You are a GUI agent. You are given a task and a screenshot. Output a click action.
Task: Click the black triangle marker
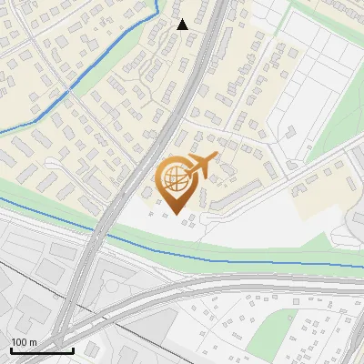[182, 25]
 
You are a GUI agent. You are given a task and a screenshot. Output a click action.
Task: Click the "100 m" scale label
[24, 342]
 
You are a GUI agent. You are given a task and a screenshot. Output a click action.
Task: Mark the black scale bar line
[41, 350]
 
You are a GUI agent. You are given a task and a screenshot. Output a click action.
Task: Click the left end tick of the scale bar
[10, 349]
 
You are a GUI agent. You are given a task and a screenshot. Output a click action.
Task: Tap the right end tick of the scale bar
[73, 349]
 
